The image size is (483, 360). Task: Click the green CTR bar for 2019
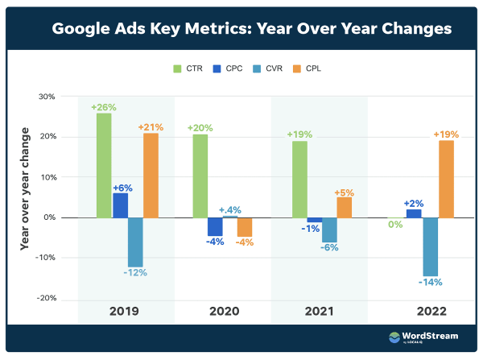[x=104, y=165]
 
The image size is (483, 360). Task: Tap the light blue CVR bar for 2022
[x=431, y=246]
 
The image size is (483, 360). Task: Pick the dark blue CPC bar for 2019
[x=120, y=205]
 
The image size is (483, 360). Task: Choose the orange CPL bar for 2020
[x=245, y=226]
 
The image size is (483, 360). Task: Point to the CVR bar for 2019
[x=135, y=242]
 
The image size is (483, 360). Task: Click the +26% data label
[x=104, y=106]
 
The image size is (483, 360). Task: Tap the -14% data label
[x=431, y=283]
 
